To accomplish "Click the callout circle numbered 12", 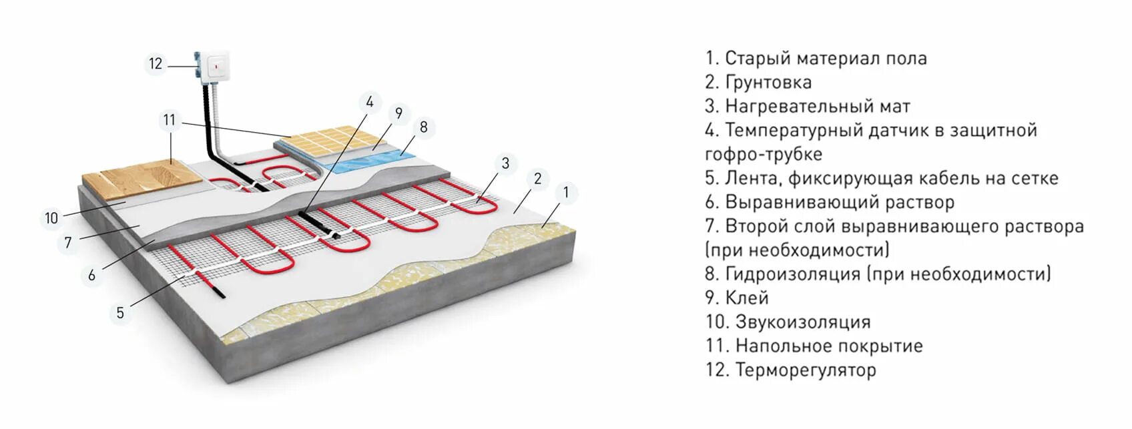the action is [156, 64].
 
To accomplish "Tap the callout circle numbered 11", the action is [170, 120].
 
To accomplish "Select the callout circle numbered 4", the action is [369, 103].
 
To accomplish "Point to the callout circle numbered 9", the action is [398, 113].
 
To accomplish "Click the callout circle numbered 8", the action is [424, 127].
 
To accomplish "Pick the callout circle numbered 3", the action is [505, 163].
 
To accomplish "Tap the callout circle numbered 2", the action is [537, 178].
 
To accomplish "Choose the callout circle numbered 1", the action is [566, 193].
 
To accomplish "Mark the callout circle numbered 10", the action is [51, 218].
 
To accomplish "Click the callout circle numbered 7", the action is [68, 242].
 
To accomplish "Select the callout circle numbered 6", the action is [91, 275].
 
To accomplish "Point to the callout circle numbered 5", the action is [120, 312].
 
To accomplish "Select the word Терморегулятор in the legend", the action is [806, 370].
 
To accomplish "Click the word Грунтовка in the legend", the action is [768, 82].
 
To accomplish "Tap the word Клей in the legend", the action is [747, 298].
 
